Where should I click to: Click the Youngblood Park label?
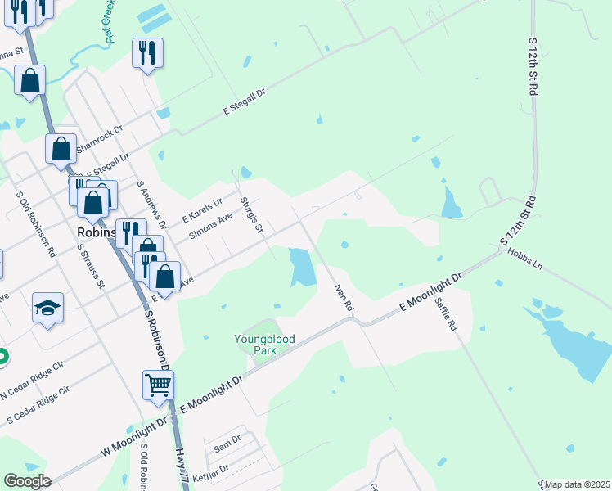[263, 345]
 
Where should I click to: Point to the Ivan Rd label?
[344, 297]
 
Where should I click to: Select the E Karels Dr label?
[202, 210]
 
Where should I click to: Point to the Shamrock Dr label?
[99, 141]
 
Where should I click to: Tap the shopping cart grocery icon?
[158, 383]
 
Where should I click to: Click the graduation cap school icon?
[47, 308]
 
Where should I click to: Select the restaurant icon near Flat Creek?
[147, 53]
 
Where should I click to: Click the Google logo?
[26, 481]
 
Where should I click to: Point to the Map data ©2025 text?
[577, 484]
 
